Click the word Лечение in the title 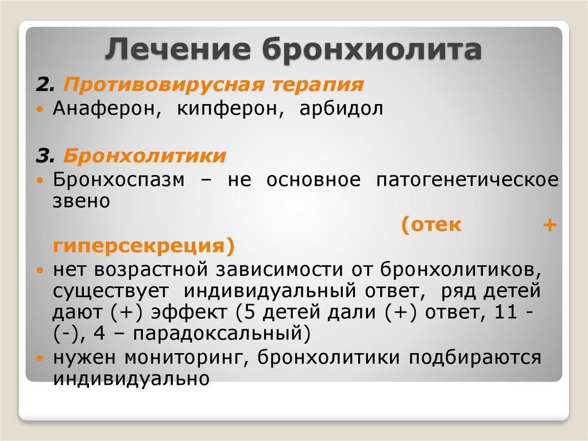coord(178,49)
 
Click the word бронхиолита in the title coord(372,49)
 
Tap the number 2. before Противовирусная coord(45,85)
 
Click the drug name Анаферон coord(107,109)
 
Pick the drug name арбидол coord(341,109)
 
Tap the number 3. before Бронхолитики coord(45,156)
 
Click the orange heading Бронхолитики coord(144,156)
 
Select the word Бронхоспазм coord(118,180)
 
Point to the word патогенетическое coord(467,180)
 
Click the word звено coord(82,201)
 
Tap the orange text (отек coord(431,225)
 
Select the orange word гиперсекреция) coord(144,246)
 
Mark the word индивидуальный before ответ coord(270,290)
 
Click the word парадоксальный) coord(222,333)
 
